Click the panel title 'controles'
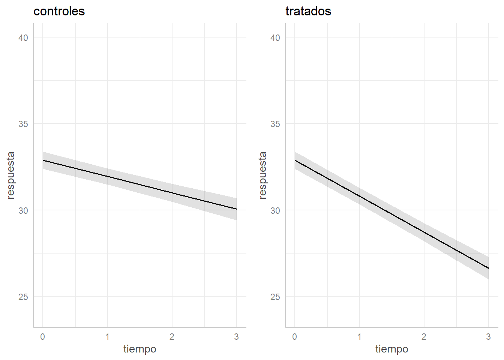tap(59, 11)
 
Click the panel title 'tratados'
tap(308, 11)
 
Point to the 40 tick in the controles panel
tap(23, 37)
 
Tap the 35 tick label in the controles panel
tap(23, 124)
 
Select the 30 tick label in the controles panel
tap(23, 210)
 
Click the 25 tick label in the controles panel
tap(23, 297)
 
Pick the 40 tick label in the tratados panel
tap(275, 37)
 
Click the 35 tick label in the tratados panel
tap(275, 124)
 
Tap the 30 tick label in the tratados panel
tap(275, 210)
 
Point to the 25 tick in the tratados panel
tap(275, 297)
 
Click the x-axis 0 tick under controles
tap(43, 337)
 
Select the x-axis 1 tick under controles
tap(107, 337)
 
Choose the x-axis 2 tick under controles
tap(172, 337)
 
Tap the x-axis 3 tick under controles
tap(236, 337)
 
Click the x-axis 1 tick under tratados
tap(359, 337)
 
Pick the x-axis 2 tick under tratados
tap(424, 337)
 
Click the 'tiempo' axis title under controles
tap(140, 349)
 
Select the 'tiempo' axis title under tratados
tap(392, 349)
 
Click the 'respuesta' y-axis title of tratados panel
tap(262, 175)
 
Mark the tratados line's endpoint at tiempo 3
tap(488, 268)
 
